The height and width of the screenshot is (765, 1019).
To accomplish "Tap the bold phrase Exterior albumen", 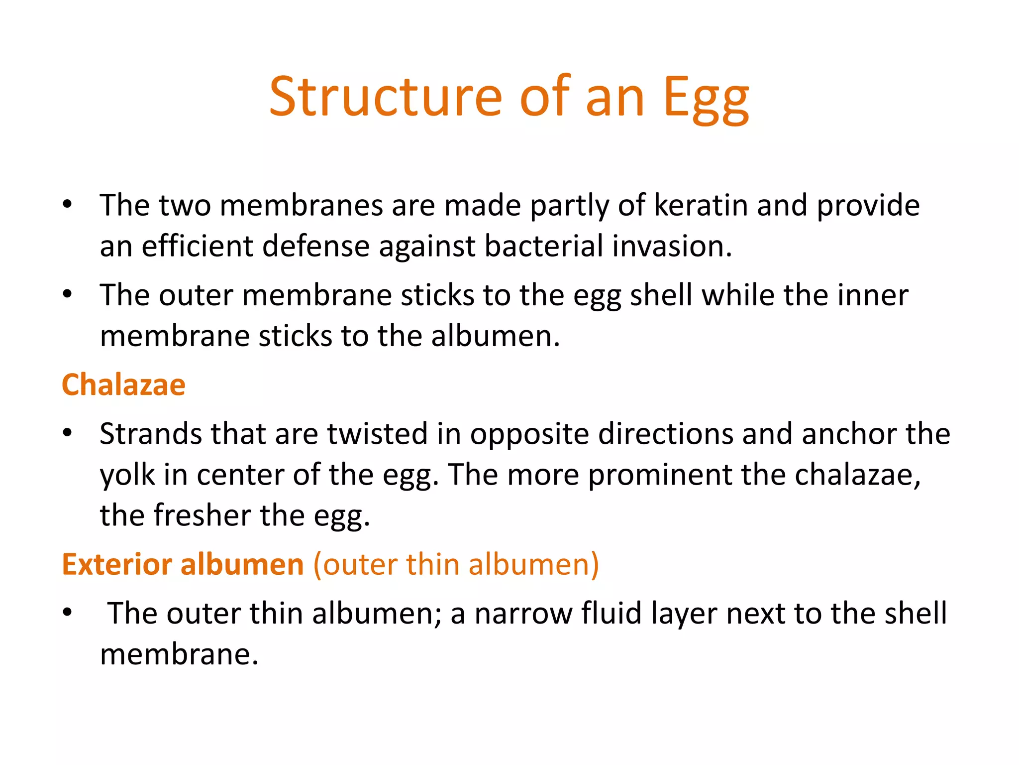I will pyautogui.click(x=183, y=564).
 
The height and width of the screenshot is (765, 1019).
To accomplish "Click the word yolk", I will pyautogui.click(x=127, y=475).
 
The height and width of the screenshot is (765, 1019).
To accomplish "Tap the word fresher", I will pyautogui.click(x=202, y=515).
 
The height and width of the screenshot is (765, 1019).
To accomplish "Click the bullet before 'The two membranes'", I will pyautogui.click(x=68, y=204).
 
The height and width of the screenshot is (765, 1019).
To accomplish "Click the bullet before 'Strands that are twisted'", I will pyautogui.click(x=68, y=433).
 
